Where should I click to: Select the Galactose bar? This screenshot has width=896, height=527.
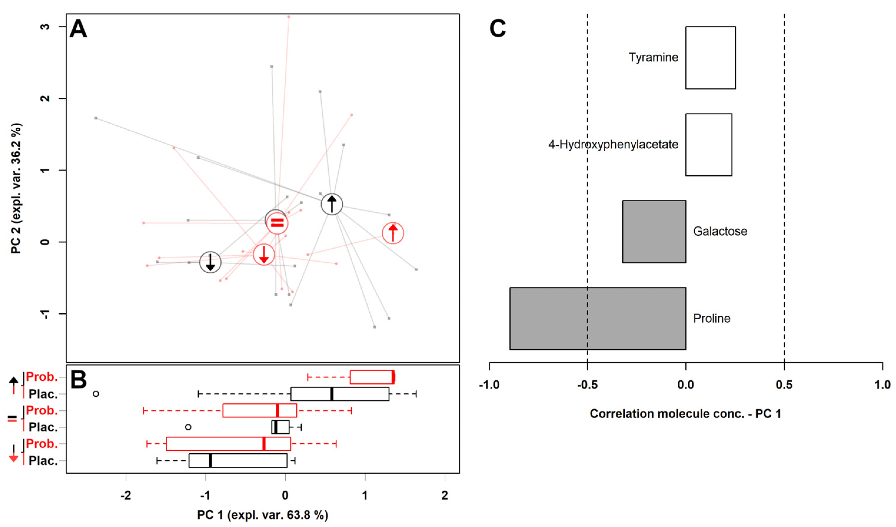(654, 232)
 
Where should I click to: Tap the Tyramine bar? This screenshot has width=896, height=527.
(710, 58)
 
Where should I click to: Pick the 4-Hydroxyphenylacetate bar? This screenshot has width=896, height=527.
(708, 144)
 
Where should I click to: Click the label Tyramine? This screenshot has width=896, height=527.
(653, 58)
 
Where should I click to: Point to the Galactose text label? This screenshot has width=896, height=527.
(720, 232)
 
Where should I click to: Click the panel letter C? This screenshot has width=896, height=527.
(497, 29)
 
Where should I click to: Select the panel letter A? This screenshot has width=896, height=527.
(78, 29)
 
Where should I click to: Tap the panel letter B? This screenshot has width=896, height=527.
(79, 380)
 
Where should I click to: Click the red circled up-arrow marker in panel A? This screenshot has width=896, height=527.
(393, 233)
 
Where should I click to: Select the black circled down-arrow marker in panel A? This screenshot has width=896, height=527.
(210, 262)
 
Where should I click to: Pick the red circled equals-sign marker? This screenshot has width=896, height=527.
(277, 223)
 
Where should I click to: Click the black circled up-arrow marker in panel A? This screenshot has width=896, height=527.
(331, 204)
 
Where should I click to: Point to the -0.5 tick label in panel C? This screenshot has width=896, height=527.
(587, 384)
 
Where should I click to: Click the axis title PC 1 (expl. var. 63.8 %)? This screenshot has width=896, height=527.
(262, 515)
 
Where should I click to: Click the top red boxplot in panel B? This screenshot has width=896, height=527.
(372, 377)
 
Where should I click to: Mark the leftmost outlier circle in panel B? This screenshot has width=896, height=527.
(96, 394)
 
